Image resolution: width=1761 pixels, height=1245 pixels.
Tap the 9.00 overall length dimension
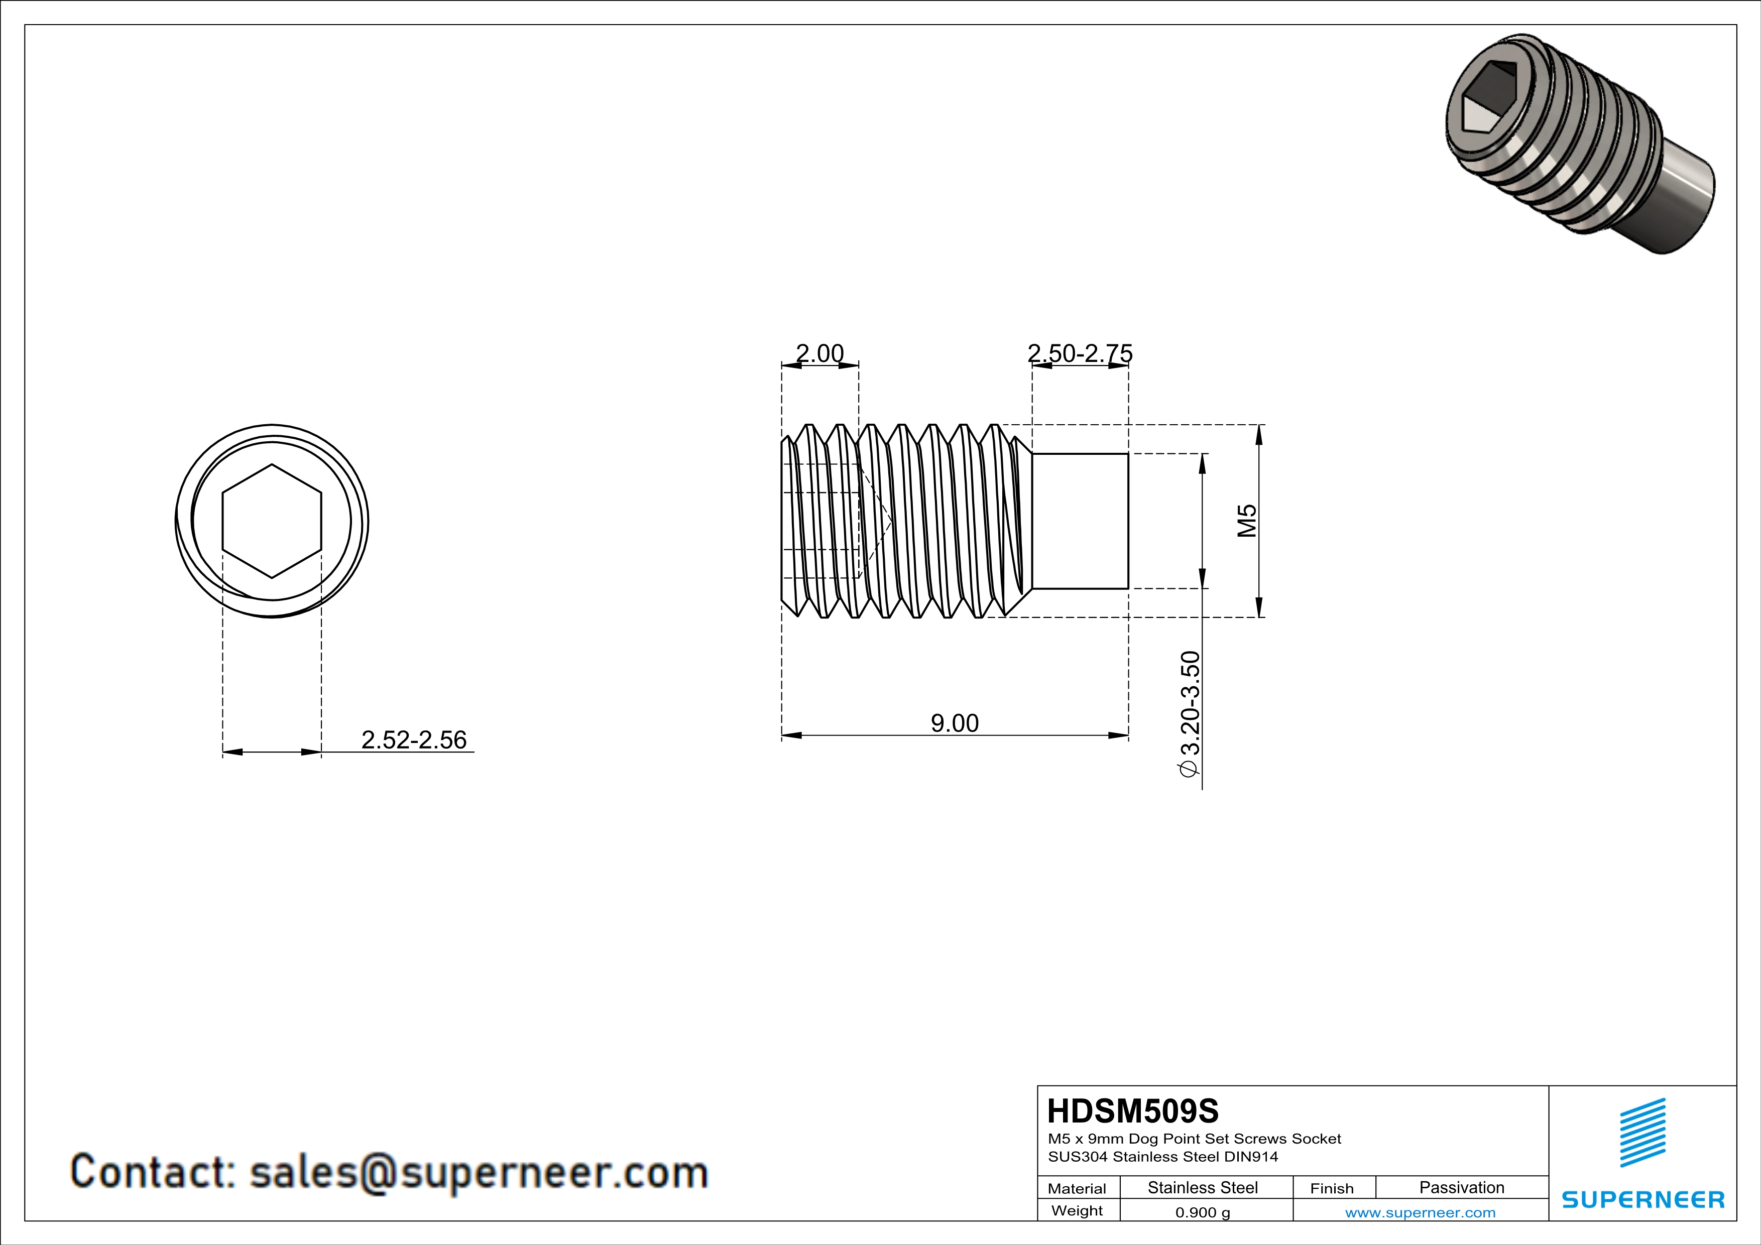tap(954, 722)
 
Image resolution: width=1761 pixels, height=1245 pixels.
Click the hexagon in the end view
tap(272, 521)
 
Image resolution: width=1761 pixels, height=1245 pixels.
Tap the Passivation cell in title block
tap(1461, 1187)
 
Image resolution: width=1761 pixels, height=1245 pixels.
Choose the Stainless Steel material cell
tap(1202, 1187)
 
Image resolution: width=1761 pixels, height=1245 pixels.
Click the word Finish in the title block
tap(1332, 1188)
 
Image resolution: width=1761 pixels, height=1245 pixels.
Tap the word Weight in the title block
tap(1077, 1210)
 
